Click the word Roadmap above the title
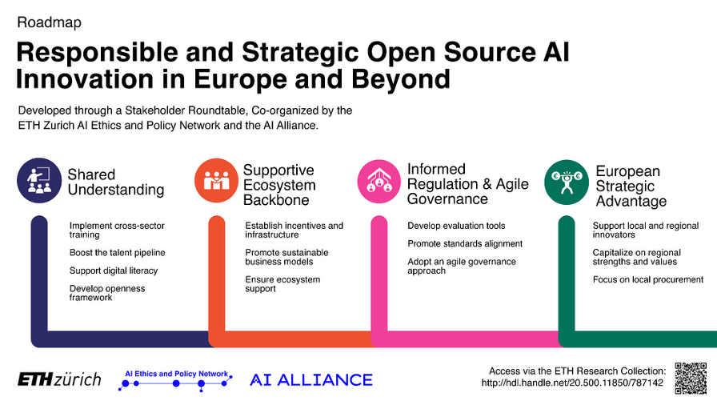(49, 22)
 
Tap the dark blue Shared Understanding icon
(39, 181)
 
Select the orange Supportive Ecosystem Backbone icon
(216, 181)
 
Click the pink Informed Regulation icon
(379, 181)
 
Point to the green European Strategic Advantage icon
(567, 182)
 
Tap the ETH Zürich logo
(60, 379)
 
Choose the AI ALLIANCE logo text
(311, 379)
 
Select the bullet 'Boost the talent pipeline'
(117, 253)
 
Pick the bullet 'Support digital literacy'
(114, 271)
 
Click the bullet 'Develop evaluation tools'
(456, 226)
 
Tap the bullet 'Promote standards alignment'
(465, 243)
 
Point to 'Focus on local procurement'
(648, 279)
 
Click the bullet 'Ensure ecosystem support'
(282, 284)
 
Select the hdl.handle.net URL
(572, 383)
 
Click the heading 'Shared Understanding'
(115, 182)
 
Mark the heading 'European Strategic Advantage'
(631, 186)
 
